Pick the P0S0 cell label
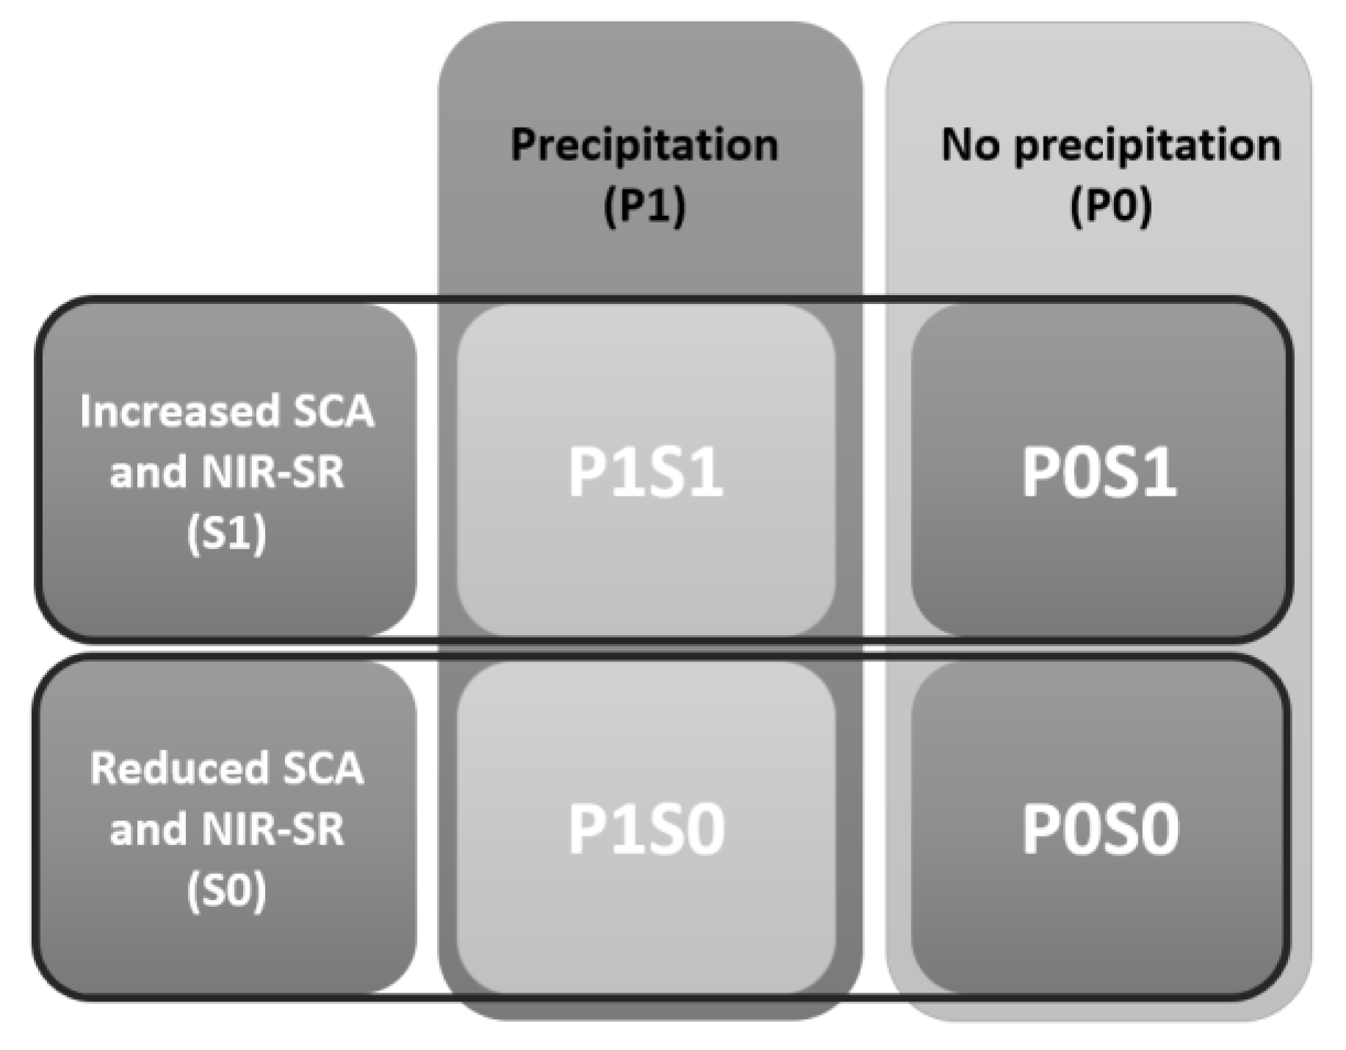[1100, 829]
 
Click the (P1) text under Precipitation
[644, 206]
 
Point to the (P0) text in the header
[1110, 206]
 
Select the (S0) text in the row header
[226, 890]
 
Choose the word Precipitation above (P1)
[644, 145]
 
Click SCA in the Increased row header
[333, 411]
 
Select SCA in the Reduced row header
[323, 768]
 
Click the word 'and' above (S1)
[148, 472]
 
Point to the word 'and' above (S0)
[148, 830]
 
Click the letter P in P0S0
[1041, 829]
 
